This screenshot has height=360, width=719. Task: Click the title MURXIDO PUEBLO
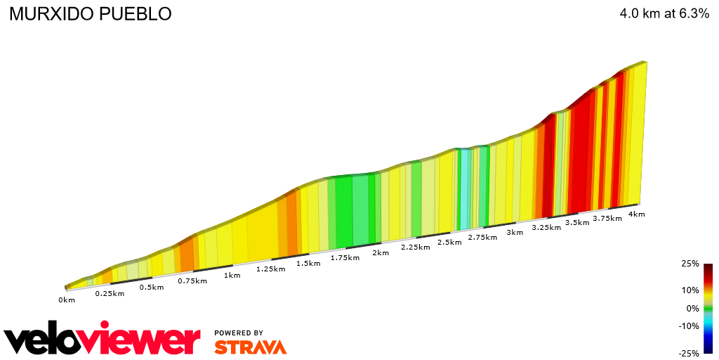point(90,14)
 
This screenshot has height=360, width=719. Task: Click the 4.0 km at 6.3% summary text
point(664,14)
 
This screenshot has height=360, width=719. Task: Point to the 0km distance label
point(67,300)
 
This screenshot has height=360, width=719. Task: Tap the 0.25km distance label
point(110,293)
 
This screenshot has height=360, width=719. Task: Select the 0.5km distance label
point(151,287)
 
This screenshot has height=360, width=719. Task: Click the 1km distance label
point(232,275)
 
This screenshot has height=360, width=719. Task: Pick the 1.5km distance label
point(308,264)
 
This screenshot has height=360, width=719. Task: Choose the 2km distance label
point(381,253)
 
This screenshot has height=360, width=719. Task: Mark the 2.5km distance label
point(449,243)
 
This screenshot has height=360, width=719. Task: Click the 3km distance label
point(515,233)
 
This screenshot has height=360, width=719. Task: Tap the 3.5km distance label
point(577,223)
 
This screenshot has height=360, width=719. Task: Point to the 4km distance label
point(637,214)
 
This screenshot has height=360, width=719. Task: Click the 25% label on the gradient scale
point(690,264)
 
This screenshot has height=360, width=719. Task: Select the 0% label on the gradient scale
point(692,308)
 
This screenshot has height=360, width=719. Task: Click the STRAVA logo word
point(250,347)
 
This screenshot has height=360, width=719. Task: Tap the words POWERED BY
point(239,333)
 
